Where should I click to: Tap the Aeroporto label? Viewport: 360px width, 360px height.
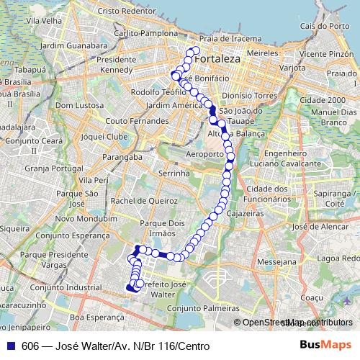(205, 154)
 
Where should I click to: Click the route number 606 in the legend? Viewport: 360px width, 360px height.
(30, 345)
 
